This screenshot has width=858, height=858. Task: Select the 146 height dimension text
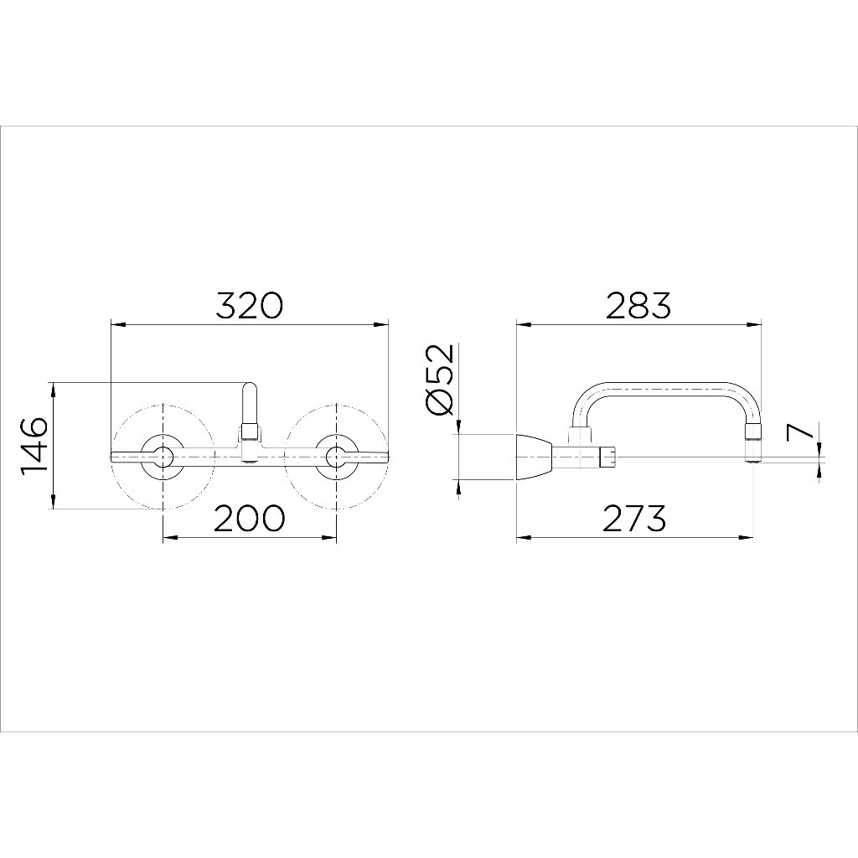[x=34, y=447]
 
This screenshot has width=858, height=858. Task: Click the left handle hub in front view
[x=163, y=457]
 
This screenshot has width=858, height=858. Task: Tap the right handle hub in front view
[x=335, y=457]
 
